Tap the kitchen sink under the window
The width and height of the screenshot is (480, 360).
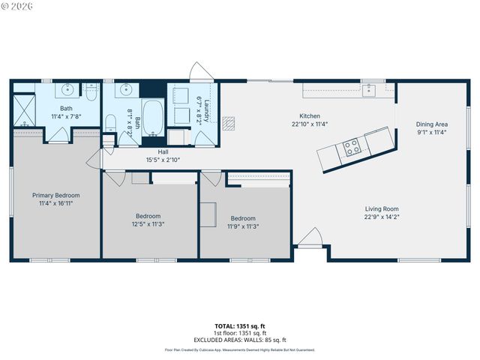coord(369,91)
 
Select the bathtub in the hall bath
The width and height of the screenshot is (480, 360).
coord(152,118)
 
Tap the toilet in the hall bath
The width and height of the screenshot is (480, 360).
coord(110,124)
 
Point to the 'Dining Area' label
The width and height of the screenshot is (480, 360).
coord(432,124)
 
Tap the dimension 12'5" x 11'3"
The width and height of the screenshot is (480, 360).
coord(148,223)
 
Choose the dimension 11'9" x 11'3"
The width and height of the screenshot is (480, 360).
coord(243,226)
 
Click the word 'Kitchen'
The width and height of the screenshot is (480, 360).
coord(310,116)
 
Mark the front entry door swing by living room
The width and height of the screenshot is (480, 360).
coord(309,244)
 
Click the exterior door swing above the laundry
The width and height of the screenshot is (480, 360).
coord(200,73)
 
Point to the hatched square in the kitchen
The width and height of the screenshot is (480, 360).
coord(232,122)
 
